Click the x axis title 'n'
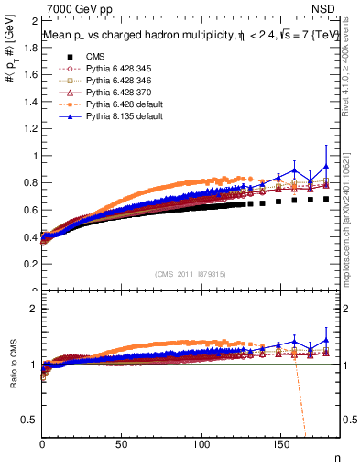(x=335, y=456)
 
